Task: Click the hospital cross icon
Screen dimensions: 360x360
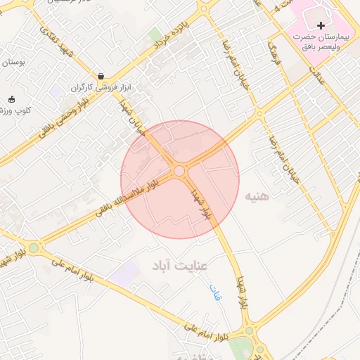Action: (x=321, y=25)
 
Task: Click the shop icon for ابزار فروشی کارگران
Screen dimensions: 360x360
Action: (x=101, y=77)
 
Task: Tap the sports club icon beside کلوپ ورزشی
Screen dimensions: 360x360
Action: (x=11, y=98)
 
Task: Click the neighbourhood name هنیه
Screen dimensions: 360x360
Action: (x=257, y=198)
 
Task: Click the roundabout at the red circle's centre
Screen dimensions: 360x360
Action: (x=179, y=171)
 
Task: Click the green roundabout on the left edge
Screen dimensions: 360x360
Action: (x=33, y=247)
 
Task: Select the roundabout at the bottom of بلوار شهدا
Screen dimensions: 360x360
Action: (x=248, y=330)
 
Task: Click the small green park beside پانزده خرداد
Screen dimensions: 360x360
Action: (x=154, y=34)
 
